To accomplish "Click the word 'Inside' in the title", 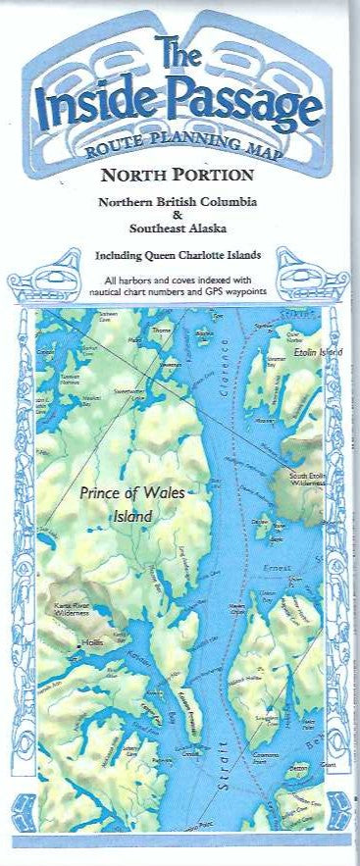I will [x=93, y=106].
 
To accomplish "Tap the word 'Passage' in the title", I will [x=240, y=106].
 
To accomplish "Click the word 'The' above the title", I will [x=179, y=53].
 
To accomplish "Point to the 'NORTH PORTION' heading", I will [x=180, y=177].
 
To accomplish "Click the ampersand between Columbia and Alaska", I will [x=180, y=214].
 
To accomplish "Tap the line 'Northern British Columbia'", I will [x=180, y=201].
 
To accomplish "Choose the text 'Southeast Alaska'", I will [x=180, y=228].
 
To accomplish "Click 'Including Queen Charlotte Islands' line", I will [x=180, y=256].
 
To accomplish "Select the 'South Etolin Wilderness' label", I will [x=306, y=480].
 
